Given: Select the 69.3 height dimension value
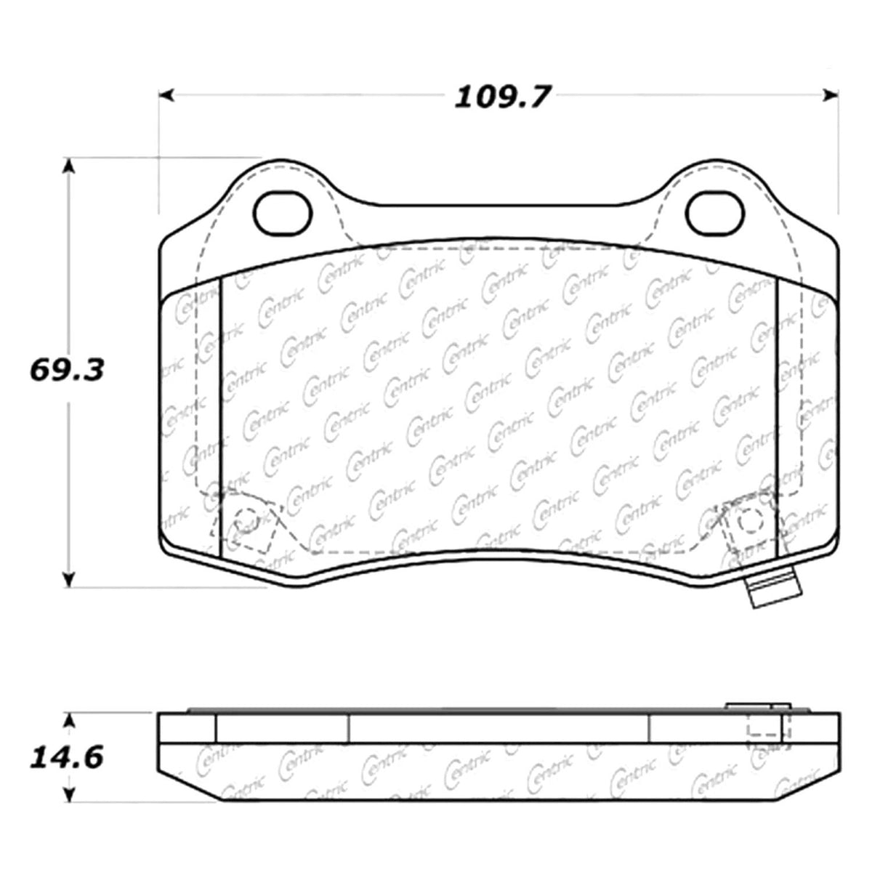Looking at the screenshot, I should pos(67,370).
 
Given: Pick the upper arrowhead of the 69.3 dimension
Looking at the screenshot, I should pos(68,166).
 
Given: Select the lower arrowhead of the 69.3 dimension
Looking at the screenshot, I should pos(68,578).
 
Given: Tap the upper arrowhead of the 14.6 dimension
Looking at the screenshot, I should pos(68,719).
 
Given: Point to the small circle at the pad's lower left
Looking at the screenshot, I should pos(247,519).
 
